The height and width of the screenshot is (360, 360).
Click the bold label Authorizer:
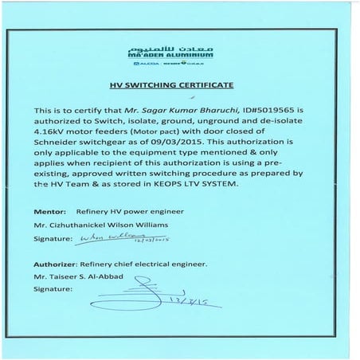click(56, 264)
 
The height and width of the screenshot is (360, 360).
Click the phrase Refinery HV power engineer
click(117, 213)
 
